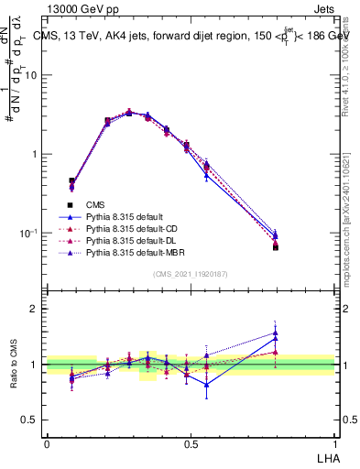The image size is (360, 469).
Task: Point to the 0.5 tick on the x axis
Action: pyautogui.click(x=191, y=444)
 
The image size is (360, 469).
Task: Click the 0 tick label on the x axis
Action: pyautogui.click(x=47, y=444)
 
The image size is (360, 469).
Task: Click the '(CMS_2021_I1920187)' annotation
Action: pyautogui.click(x=191, y=274)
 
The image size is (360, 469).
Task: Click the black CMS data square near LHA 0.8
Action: pyautogui.click(x=276, y=247)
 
